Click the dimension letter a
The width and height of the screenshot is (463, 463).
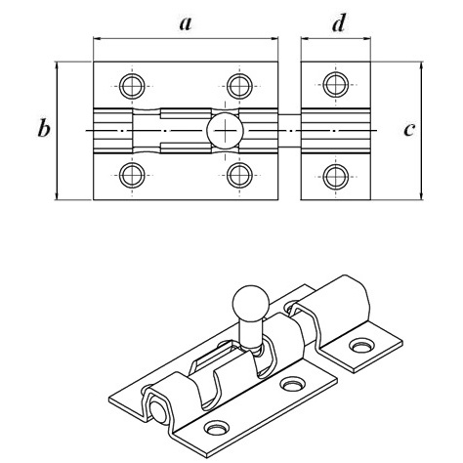click(186, 23)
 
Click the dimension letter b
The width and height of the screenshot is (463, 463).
click(44, 128)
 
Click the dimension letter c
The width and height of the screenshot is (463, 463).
click(409, 130)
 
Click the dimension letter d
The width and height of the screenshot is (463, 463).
click(339, 22)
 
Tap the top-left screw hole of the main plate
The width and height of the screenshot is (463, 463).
click(132, 86)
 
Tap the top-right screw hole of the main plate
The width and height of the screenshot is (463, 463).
click(239, 86)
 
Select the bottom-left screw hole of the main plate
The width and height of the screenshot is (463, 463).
click(132, 175)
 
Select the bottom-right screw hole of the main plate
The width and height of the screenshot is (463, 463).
click(239, 175)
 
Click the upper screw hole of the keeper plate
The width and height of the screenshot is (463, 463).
click(336, 84)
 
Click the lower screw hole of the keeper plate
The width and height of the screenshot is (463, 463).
click(336, 177)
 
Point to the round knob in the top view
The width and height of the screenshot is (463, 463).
click(225, 131)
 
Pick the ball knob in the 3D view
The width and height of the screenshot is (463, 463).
click(251, 305)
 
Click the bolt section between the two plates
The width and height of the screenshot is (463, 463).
click(289, 131)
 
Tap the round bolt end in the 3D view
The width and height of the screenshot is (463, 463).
click(158, 411)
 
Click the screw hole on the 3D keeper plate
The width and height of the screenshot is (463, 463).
click(361, 346)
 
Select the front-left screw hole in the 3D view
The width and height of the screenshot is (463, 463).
click(216, 428)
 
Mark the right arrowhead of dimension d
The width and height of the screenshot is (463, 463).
click(367, 39)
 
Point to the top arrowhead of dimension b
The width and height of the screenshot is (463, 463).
click(57, 65)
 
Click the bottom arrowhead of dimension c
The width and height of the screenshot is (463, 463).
click(421, 195)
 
